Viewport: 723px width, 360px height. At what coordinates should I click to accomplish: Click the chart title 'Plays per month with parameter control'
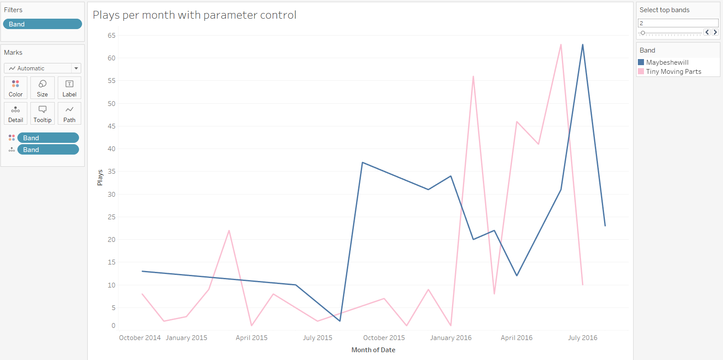coord(195,15)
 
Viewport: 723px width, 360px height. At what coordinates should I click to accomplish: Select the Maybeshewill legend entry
coord(667,63)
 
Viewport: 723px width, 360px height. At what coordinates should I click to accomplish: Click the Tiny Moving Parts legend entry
coord(673,72)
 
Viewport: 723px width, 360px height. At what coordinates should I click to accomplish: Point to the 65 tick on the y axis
coord(112,36)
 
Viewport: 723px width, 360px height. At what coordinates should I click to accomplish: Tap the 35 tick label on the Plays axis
coord(112,172)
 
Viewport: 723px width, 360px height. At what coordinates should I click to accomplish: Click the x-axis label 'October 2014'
coord(140,338)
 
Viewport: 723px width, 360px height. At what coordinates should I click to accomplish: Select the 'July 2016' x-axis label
coord(582,338)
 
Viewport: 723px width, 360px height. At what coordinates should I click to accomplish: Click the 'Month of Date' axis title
coord(373,350)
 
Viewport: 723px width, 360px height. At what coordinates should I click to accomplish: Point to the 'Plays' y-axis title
coord(100,178)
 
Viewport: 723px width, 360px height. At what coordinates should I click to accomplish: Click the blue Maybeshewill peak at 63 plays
coord(582,45)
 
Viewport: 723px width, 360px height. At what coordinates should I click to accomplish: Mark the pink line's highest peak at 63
coord(561,45)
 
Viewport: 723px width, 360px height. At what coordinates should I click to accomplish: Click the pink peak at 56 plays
coord(473,76)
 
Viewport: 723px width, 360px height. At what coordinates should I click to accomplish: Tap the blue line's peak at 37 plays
coord(363,162)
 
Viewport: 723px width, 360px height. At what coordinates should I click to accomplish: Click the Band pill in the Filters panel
coord(42,24)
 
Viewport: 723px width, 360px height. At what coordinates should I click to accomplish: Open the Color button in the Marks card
coord(16,88)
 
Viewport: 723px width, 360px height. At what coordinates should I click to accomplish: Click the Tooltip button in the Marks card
coord(42,113)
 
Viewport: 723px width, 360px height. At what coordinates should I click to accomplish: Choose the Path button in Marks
coord(69,113)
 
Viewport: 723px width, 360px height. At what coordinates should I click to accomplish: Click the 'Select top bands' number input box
coord(677,23)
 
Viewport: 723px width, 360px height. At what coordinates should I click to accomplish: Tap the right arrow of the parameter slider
coord(715,32)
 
